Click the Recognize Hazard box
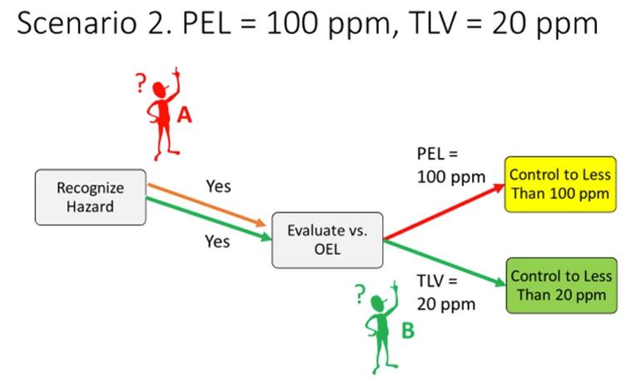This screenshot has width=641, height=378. point(90,196)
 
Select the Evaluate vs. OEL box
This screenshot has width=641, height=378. point(327,240)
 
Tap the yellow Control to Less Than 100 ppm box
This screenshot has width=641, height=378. point(561,184)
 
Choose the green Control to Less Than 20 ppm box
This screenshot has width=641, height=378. point(561,285)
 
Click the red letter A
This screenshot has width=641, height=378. point(185,116)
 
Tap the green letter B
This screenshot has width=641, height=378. point(408,331)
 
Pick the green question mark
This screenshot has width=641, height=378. point(360,293)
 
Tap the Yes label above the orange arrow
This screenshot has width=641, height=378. point(218,186)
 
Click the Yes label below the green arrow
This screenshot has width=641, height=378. point(218,241)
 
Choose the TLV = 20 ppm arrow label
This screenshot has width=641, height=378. point(445,291)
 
